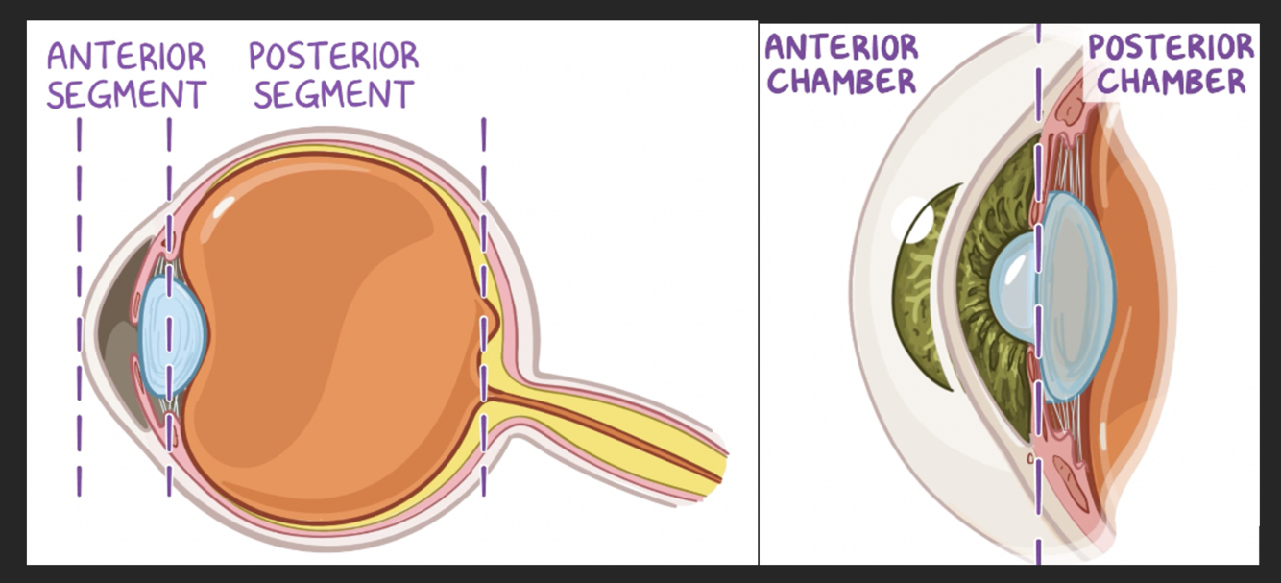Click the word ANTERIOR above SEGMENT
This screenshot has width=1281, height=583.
[127, 57]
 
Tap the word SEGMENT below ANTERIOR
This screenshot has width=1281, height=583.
[127, 95]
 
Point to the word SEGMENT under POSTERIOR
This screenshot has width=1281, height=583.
[333, 94]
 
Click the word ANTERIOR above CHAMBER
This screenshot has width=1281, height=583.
[841, 47]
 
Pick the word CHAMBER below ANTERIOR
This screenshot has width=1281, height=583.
[841, 82]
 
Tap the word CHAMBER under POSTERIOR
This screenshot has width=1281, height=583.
[1171, 82]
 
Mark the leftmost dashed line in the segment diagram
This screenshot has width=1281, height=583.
[79, 307]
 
